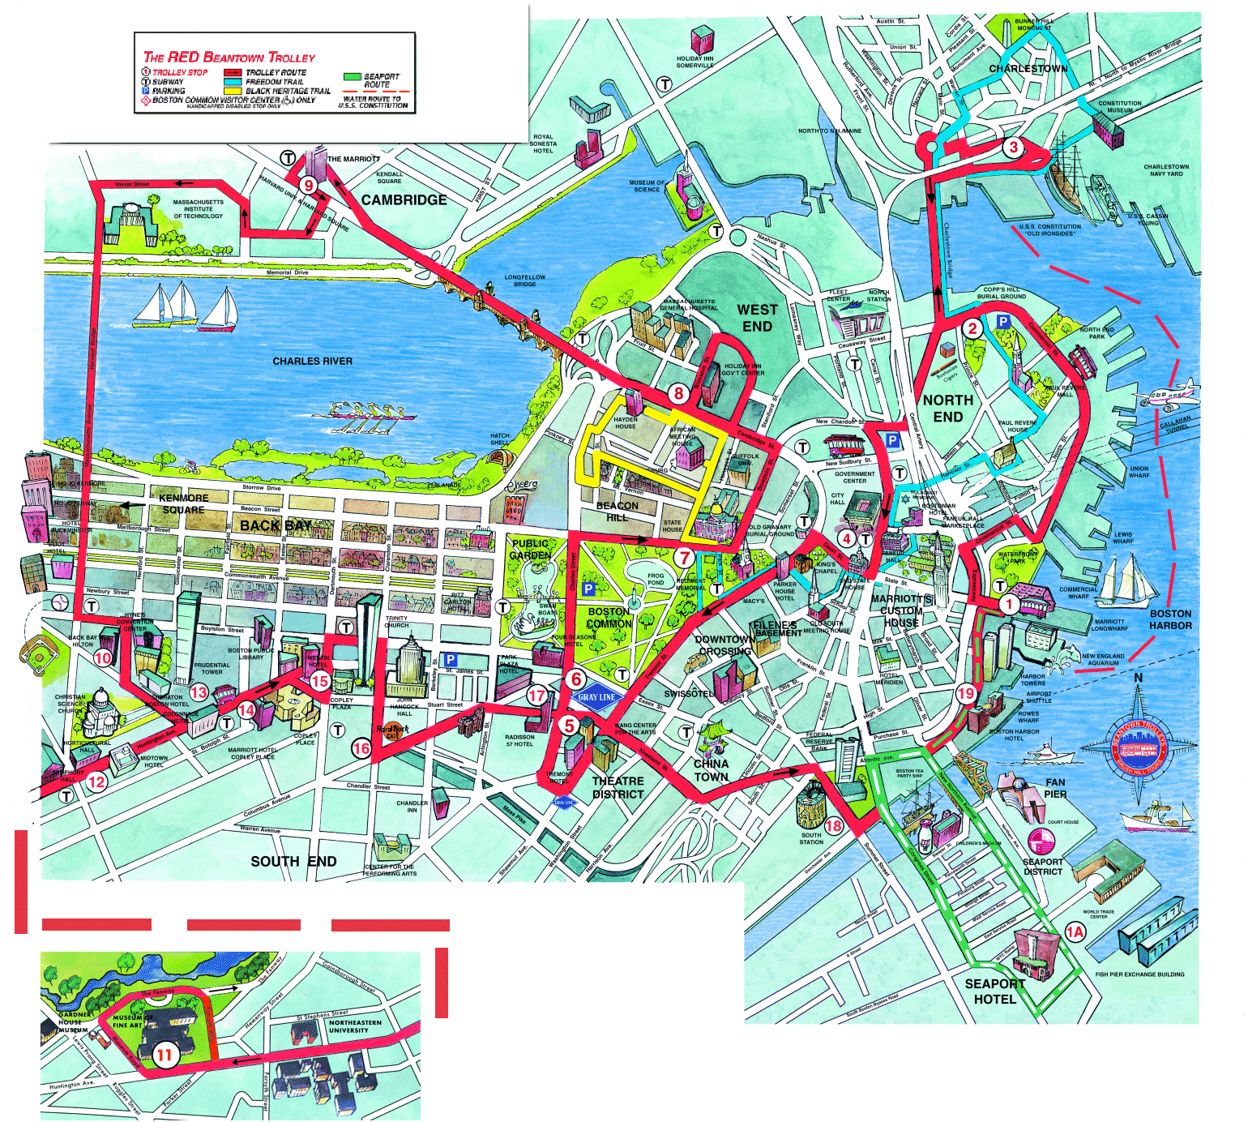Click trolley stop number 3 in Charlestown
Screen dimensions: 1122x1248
(x=1013, y=148)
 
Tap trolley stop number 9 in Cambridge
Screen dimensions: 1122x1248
(x=308, y=185)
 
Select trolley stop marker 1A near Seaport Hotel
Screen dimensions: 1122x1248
(x=1075, y=931)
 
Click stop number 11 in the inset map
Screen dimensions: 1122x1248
(x=165, y=1055)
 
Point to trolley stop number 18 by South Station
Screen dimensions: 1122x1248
(x=833, y=826)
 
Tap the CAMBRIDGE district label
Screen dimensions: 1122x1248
(x=404, y=200)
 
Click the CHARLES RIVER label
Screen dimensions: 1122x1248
(x=312, y=361)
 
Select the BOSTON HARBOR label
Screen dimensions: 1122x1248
(x=1170, y=619)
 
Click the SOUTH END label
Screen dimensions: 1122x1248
(x=293, y=861)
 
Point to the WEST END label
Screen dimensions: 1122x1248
(x=757, y=318)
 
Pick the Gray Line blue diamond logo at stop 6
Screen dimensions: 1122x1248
(x=596, y=697)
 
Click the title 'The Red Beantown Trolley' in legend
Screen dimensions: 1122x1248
(x=229, y=57)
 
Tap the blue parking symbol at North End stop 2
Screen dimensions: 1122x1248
(x=1003, y=322)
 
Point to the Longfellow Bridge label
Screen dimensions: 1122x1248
(x=524, y=280)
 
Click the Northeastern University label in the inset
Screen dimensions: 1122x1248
(x=354, y=1026)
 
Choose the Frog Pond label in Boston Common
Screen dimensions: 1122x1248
(x=656, y=579)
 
